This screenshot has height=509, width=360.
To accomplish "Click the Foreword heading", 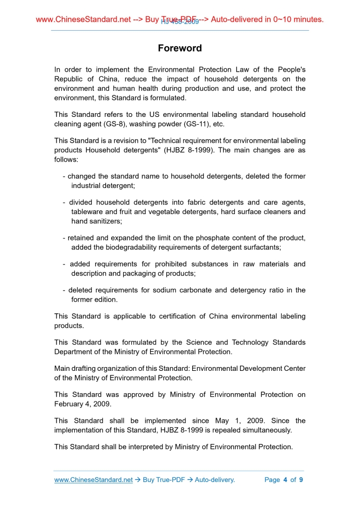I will point(180,48).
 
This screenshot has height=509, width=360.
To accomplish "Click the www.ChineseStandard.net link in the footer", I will point(94,480).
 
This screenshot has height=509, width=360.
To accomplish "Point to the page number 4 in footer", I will point(285,480).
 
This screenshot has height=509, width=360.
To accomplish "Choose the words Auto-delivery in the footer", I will point(215,480).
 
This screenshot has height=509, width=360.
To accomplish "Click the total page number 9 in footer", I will point(301,480).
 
